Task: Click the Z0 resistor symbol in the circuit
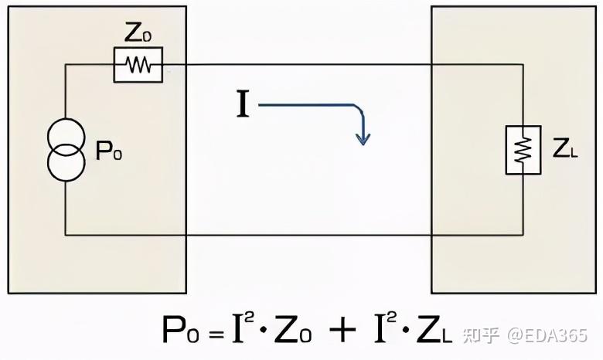point(138,66)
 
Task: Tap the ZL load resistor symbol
point(523,150)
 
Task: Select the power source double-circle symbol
point(65,151)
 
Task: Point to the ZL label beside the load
point(565,151)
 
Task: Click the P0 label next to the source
point(109,151)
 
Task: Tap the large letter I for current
point(243,105)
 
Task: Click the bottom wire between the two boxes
point(309,234)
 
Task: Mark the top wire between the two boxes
point(309,66)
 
